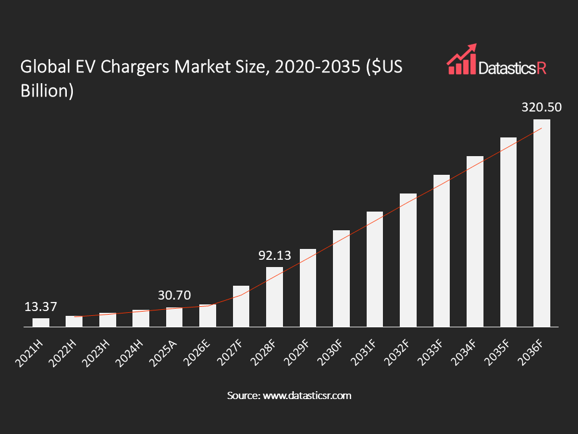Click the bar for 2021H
point(41,322)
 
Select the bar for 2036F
point(542,223)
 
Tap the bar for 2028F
point(275,297)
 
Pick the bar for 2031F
point(374,269)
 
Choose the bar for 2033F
point(441,251)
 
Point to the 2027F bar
point(241,306)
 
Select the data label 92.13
point(275,256)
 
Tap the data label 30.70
point(174,296)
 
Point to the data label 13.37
point(41,307)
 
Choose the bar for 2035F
point(508,232)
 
